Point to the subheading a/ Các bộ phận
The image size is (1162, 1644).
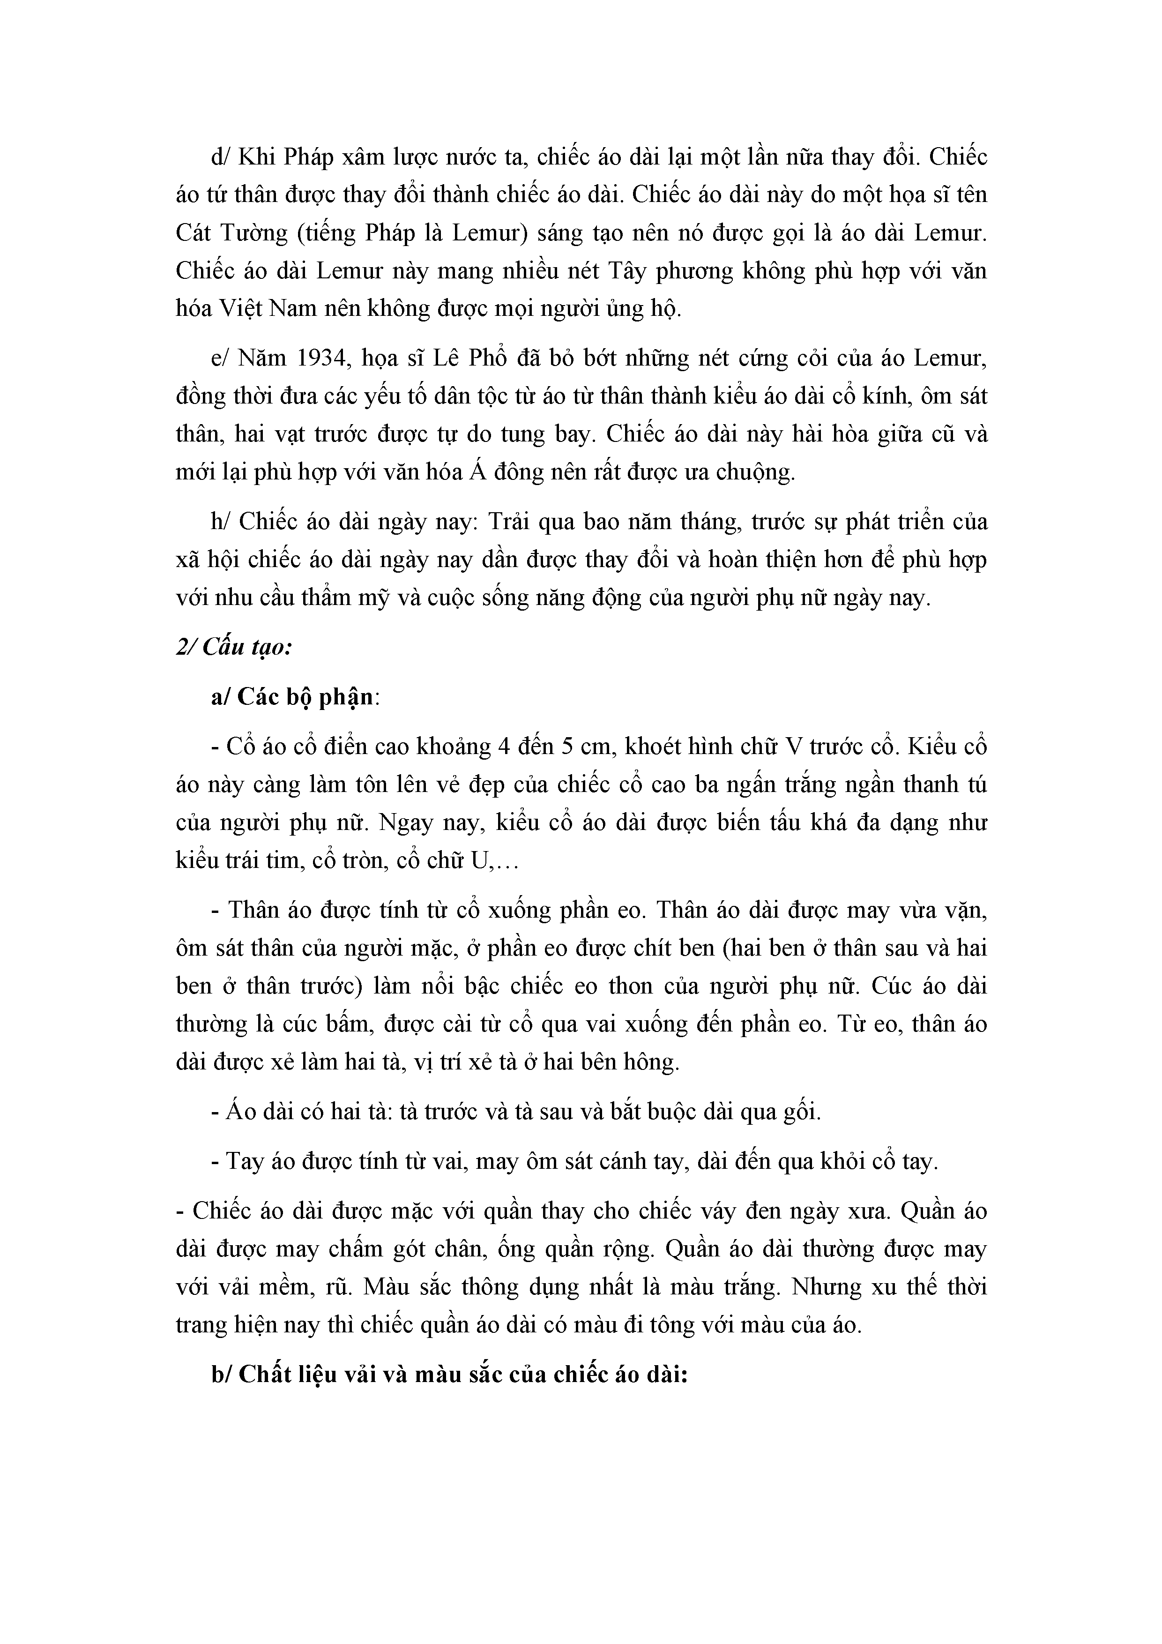[x=293, y=697]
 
